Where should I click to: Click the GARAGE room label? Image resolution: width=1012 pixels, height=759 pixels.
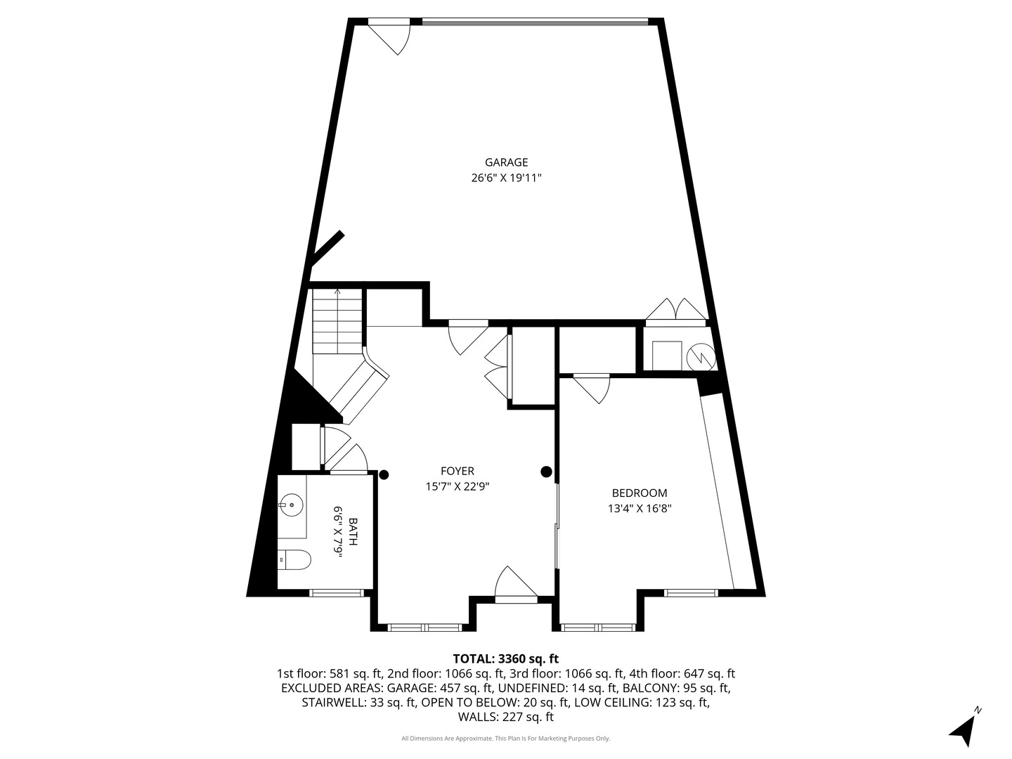(x=506, y=162)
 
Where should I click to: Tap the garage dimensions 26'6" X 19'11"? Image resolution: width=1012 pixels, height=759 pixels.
(x=506, y=179)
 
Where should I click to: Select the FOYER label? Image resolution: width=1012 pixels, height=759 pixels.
(x=457, y=471)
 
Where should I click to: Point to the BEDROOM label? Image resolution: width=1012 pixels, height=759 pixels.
(x=639, y=493)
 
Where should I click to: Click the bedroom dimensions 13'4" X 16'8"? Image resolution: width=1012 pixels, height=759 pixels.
(x=640, y=509)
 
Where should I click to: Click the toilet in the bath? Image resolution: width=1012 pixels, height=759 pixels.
(x=294, y=560)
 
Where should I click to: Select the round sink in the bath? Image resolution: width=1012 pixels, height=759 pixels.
(x=290, y=504)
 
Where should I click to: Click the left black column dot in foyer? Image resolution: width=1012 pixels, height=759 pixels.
(x=384, y=474)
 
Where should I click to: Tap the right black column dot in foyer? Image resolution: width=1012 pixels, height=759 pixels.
(x=546, y=472)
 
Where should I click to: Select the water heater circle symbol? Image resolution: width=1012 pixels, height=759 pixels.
(x=701, y=356)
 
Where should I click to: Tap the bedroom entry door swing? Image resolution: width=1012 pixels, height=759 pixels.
(x=593, y=389)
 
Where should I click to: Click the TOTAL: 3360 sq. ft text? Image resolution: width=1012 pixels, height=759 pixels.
(x=505, y=659)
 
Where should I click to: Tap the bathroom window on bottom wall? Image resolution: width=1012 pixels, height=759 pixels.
(x=338, y=593)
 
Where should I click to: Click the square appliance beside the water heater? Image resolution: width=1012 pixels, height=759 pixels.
(x=667, y=355)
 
